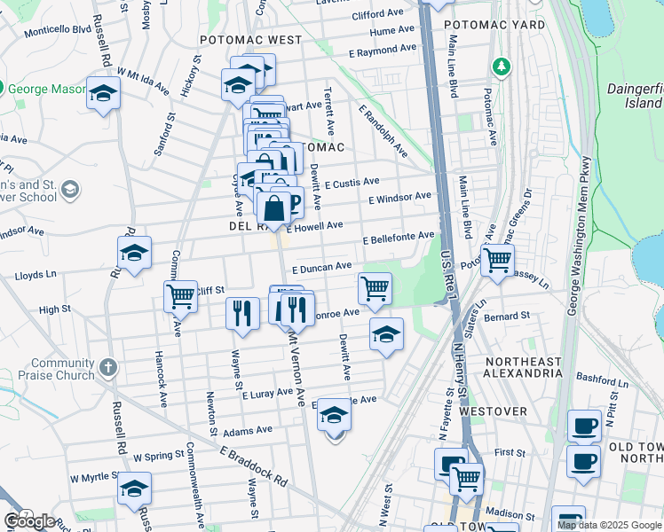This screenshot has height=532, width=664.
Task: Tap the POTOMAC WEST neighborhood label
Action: pyautogui.click(x=250, y=41)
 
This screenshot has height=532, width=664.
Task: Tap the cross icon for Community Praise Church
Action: pyautogui.click(x=108, y=366)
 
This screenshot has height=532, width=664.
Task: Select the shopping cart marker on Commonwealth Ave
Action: pyautogui.click(x=180, y=295)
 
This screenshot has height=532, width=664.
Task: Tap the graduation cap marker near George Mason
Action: pyautogui.click(x=103, y=93)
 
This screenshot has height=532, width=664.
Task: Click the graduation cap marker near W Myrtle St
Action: pyautogui.click(x=134, y=489)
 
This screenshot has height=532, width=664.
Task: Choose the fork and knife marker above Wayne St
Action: pyautogui.click(x=241, y=312)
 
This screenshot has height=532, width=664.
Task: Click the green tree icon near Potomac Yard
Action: pyautogui.click(x=502, y=66)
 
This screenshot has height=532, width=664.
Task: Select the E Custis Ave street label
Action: pyautogui.click(x=352, y=184)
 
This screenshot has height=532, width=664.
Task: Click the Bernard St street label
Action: pyautogui.click(x=507, y=315)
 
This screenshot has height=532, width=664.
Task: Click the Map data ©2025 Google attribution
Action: pyautogui.click(x=609, y=525)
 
